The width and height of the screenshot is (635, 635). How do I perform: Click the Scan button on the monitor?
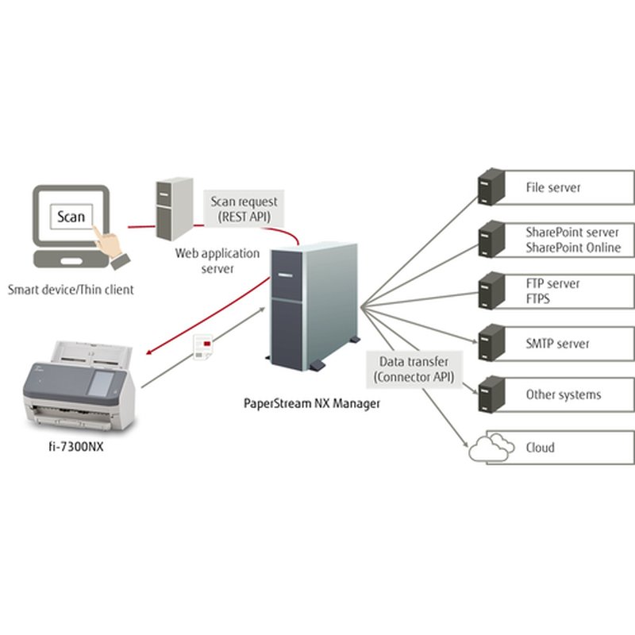(70, 217)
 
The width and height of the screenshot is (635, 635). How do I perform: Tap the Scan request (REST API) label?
(244, 209)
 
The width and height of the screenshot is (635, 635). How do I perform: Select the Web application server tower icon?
(174, 209)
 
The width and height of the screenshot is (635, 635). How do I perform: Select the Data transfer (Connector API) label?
(411, 369)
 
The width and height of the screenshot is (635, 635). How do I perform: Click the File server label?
(553, 188)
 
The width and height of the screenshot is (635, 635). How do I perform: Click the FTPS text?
(538, 299)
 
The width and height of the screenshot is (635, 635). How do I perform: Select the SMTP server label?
(557, 344)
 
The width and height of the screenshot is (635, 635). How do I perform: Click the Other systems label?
(564, 394)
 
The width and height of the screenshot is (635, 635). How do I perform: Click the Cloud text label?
(540, 448)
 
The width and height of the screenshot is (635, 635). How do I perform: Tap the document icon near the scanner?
(203, 347)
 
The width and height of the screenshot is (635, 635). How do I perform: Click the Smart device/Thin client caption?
(71, 290)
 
